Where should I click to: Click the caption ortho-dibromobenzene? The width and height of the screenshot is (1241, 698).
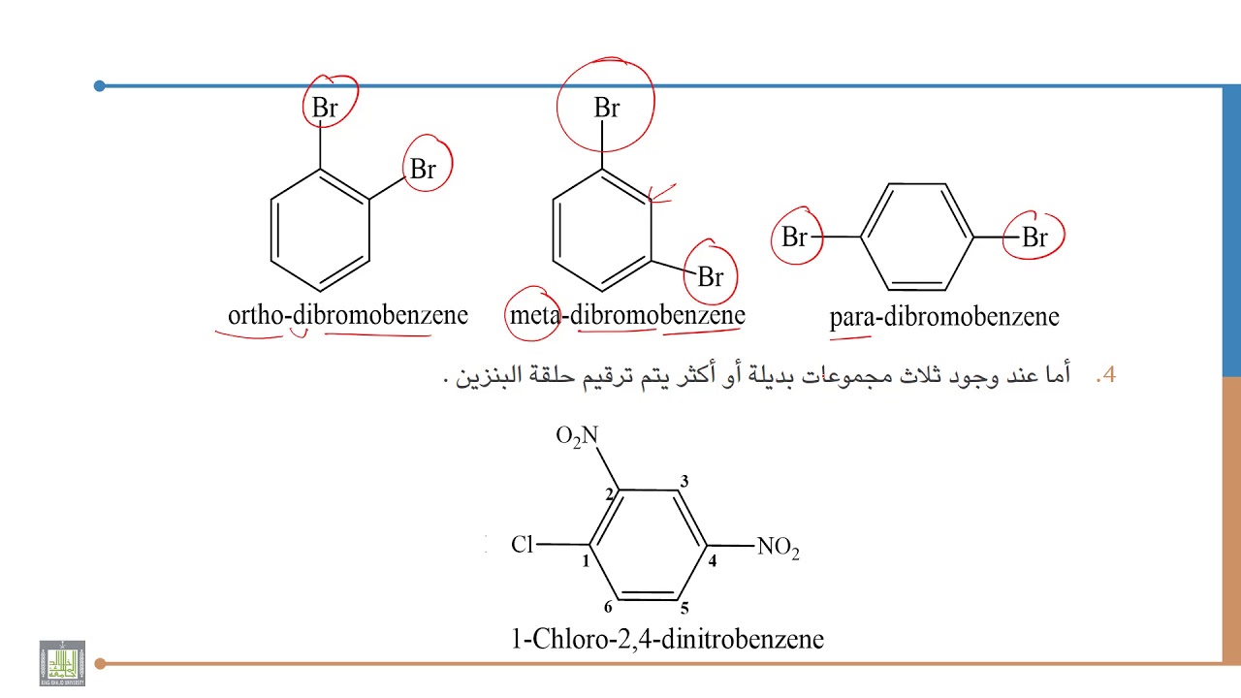click(x=348, y=315)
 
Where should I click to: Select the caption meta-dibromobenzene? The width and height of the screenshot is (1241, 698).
click(x=627, y=315)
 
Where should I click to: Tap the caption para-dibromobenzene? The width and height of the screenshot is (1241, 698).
click(x=944, y=317)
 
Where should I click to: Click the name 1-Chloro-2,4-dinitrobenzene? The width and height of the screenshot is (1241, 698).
click(x=667, y=639)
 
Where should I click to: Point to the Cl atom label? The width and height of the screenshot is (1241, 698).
click(x=522, y=545)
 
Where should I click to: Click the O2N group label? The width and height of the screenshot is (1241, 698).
click(x=577, y=436)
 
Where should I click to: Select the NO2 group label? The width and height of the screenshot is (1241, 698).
click(x=778, y=548)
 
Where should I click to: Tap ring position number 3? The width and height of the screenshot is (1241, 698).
click(x=684, y=481)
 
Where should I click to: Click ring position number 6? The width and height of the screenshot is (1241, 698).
click(x=608, y=607)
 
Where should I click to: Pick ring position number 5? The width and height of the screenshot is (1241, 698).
click(x=684, y=608)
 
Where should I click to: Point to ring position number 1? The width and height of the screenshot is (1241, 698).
click(x=586, y=561)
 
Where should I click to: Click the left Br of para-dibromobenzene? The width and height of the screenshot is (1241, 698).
click(x=794, y=238)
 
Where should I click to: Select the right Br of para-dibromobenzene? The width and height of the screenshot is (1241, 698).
click(x=1034, y=238)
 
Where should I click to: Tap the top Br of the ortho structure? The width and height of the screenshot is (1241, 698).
click(x=325, y=108)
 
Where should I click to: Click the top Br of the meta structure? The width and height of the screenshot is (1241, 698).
click(x=607, y=108)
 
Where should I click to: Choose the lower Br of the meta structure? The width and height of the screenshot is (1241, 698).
click(x=711, y=277)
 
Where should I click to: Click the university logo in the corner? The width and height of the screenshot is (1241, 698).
click(x=62, y=663)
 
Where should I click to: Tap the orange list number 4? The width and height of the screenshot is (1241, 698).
click(x=1106, y=375)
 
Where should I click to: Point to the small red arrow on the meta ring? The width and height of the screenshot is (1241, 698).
click(x=662, y=193)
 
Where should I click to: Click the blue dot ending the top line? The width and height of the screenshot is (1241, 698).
click(x=100, y=86)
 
